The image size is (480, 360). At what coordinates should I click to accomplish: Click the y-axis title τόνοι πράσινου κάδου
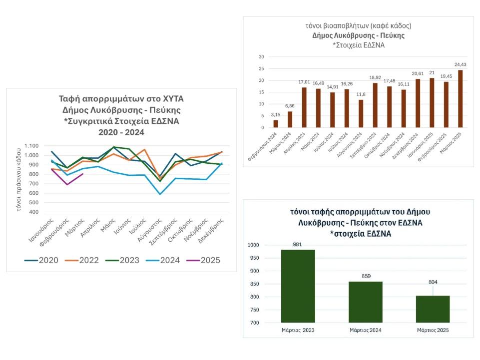coord(18,179)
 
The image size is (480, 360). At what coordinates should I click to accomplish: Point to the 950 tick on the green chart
coord(254,258)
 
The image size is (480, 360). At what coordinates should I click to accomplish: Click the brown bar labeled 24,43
coord(460,99)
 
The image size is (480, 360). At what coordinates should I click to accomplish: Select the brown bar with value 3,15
coord(276,124)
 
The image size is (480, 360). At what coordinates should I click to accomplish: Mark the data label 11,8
coord(361,94)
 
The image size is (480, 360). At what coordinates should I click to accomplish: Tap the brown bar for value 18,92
coord(375,105)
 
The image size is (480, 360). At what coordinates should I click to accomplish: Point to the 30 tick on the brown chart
coord(261,56)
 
